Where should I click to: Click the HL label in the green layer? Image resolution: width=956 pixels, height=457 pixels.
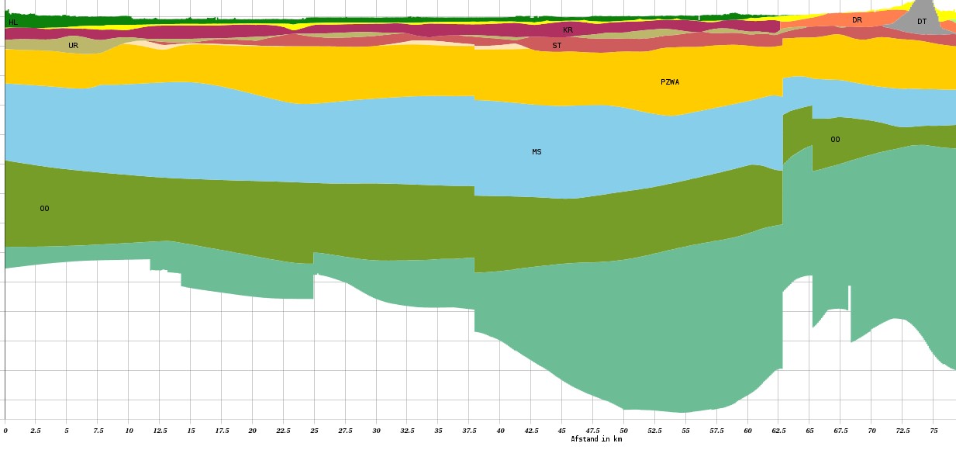[13, 23]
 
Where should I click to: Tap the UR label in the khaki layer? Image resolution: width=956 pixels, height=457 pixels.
[73, 46]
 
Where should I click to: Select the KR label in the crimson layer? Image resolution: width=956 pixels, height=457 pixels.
[568, 30]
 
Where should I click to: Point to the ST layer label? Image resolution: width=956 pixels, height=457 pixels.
[557, 46]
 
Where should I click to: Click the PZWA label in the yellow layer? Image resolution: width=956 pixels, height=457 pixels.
[670, 82]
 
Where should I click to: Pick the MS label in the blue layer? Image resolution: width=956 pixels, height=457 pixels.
[537, 152]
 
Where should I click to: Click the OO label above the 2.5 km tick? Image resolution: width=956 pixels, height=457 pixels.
[44, 209]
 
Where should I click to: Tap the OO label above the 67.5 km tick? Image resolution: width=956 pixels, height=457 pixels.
[835, 140]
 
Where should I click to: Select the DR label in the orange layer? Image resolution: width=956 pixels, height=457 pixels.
[857, 20]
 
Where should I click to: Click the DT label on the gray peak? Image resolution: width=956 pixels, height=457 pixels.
[922, 22]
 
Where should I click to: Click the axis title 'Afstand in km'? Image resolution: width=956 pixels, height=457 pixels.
[596, 439]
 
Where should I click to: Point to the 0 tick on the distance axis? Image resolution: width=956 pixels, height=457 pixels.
[5, 430]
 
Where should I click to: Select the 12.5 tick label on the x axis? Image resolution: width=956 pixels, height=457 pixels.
[160, 430]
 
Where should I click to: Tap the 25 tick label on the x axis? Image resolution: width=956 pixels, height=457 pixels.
[314, 430]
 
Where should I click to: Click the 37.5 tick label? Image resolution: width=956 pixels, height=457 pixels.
[469, 430]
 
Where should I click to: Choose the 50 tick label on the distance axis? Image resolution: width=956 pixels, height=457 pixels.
[623, 430]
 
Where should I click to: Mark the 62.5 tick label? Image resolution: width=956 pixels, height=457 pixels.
[778, 430]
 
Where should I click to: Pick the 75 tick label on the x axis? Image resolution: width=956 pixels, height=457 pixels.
[934, 430]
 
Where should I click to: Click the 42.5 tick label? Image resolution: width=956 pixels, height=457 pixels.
[531, 430]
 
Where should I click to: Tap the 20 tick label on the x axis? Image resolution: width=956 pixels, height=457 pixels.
[253, 430]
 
